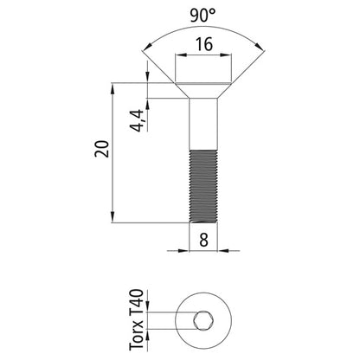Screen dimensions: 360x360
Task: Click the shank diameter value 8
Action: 204,240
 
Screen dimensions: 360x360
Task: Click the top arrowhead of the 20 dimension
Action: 114,87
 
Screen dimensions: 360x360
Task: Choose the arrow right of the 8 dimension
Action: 223,251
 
